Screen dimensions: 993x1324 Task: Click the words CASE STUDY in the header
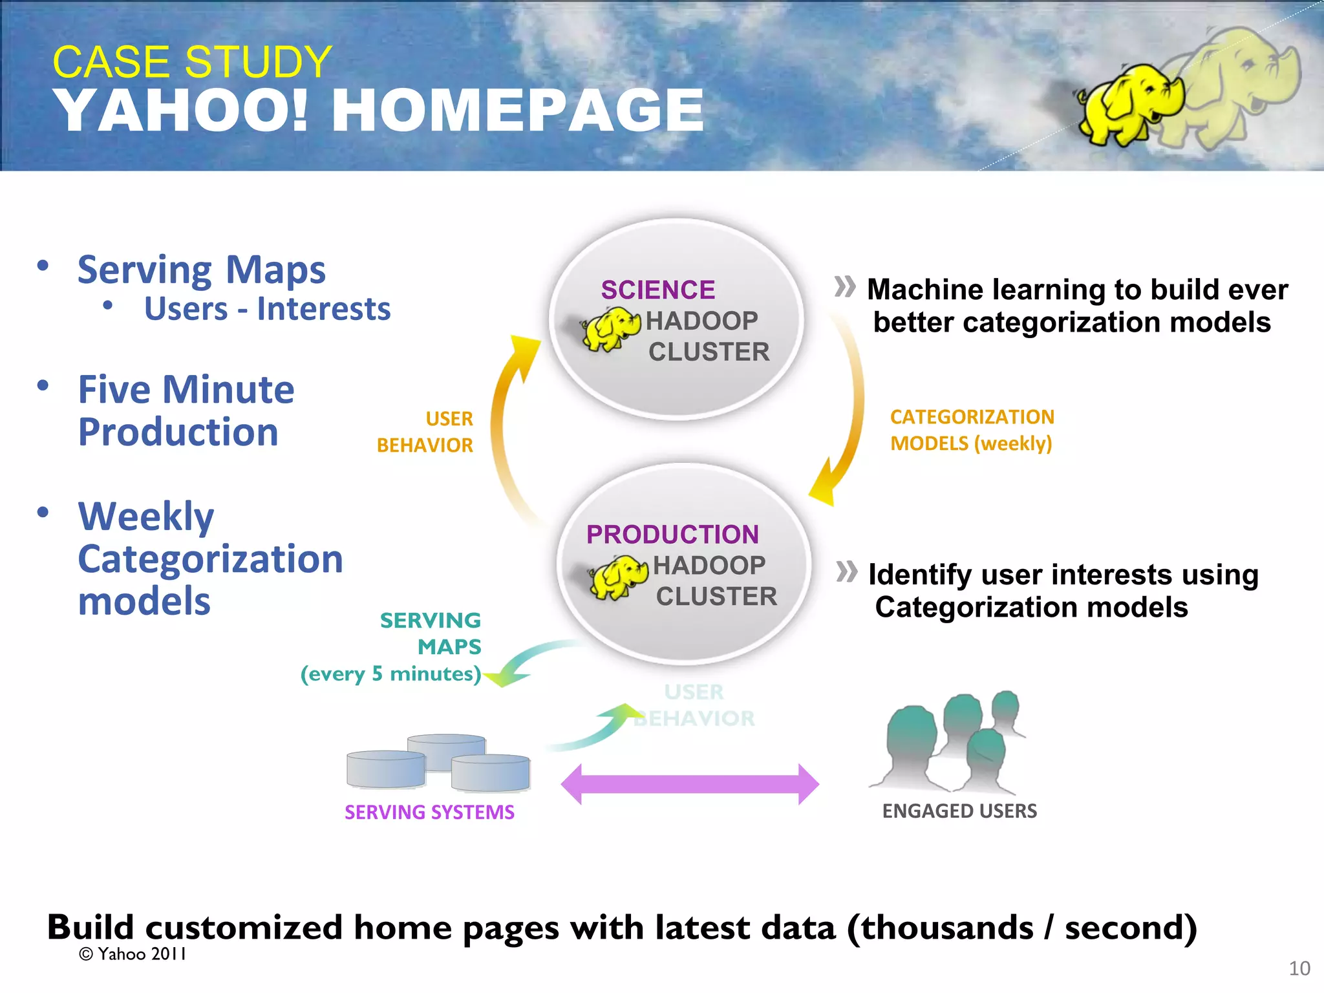pos(192,62)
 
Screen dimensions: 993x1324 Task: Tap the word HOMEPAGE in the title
pos(517,111)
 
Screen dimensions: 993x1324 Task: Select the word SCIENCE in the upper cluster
pos(657,290)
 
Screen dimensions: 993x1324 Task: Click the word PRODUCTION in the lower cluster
pos(672,535)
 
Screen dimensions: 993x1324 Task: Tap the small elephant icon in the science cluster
pos(611,328)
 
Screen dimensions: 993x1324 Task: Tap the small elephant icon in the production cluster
pos(618,576)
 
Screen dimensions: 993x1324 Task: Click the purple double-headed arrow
pos(690,784)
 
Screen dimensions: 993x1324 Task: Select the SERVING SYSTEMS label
pos(429,812)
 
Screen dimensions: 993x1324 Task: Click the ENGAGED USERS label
pos(959,811)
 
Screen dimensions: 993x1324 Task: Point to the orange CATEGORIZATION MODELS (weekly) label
pos(972,431)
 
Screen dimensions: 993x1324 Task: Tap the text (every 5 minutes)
pos(390,674)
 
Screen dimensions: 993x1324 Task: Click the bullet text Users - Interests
pos(267,308)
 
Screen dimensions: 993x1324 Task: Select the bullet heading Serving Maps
pos(201,270)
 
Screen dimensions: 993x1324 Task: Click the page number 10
pos(1299,968)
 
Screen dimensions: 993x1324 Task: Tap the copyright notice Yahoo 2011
pos(133,954)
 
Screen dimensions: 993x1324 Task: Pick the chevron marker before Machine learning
pos(844,286)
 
